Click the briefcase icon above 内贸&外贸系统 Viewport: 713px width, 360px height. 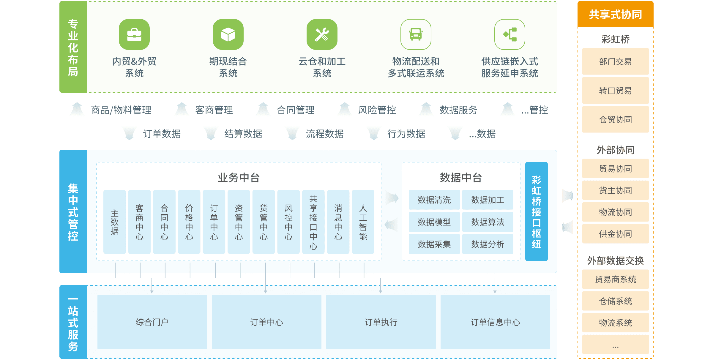pyautogui.click(x=134, y=34)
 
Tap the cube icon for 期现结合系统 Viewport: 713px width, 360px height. pyautogui.click(x=228, y=34)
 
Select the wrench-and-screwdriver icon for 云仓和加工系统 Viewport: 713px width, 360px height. pyautogui.click(x=322, y=34)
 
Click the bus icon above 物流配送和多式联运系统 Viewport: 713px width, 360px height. pyautogui.click(x=416, y=34)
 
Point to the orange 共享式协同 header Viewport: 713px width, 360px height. pyautogui.click(x=616, y=14)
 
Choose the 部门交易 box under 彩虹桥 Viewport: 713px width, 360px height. pyautogui.click(x=616, y=61)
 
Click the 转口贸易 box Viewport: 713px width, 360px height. pyautogui.click(x=616, y=90)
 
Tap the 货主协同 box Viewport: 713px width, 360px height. pyautogui.click(x=616, y=190)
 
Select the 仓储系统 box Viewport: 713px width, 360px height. pyautogui.click(x=616, y=301)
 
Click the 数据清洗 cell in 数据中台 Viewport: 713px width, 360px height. pyautogui.click(x=434, y=200)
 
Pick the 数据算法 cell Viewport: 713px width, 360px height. pyautogui.click(x=488, y=222)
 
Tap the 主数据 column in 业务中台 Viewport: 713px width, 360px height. pyautogui.click(x=115, y=222)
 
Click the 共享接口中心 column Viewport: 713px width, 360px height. pyautogui.click(x=313, y=222)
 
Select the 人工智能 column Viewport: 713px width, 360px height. pyautogui.click(x=363, y=222)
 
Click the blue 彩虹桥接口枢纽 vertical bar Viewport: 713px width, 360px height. pyautogui.click(x=537, y=211)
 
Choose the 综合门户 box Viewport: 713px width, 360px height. pyautogui.click(x=152, y=322)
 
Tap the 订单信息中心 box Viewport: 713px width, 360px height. pyautogui.click(x=495, y=322)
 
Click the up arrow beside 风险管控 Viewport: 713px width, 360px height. pyautogui.click(x=345, y=109)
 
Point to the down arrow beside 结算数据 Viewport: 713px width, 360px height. pyautogui.click(x=211, y=133)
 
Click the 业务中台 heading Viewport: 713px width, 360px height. pyautogui.click(x=239, y=178)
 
